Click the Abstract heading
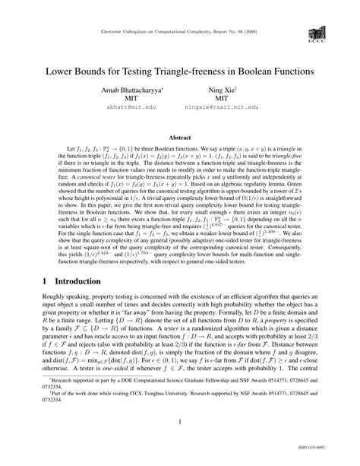pyautogui.click(x=179, y=138)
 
